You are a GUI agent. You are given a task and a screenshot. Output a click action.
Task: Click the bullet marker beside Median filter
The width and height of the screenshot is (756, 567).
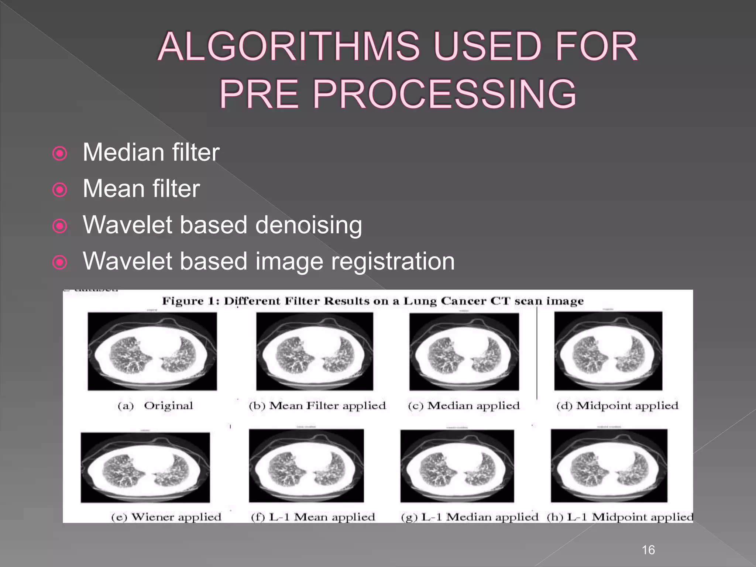tap(60, 154)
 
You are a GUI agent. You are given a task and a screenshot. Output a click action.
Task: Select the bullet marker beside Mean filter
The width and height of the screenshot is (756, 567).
tap(60, 190)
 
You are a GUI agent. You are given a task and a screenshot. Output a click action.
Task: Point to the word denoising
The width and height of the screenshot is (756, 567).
tap(309, 225)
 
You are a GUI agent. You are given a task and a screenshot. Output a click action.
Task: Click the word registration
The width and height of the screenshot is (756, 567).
tap(393, 261)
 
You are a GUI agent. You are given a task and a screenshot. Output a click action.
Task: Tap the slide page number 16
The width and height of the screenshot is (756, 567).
tap(648, 550)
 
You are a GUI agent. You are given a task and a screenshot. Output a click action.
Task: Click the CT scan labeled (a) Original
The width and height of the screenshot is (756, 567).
tap(152, 351)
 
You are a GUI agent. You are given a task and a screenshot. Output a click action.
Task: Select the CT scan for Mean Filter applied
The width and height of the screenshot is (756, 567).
tap(315, 351)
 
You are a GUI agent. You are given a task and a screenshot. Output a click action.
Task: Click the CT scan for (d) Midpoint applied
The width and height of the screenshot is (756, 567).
tap(608, 351)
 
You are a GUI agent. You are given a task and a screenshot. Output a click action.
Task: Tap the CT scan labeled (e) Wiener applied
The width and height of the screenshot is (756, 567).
tap(145, 467)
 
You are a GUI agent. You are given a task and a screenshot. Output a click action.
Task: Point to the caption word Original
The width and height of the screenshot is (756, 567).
tap(168, 406)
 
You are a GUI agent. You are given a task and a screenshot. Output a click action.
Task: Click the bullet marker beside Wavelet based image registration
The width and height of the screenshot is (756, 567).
tap(60, 262)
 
